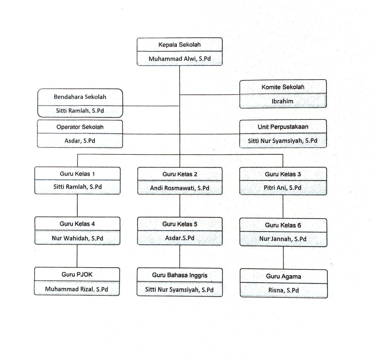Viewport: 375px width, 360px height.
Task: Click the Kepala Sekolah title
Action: pos(179,45)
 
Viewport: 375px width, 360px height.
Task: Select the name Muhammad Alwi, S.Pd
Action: pos(179,59)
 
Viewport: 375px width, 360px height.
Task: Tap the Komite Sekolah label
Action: pos(283,87)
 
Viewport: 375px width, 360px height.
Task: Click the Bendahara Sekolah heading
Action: pos(80,97)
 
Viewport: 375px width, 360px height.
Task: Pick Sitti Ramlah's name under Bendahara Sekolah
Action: pos(80,111)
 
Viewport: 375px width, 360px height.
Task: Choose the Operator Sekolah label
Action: pos(80,127)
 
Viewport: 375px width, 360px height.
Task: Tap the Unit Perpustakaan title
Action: pos(283,127)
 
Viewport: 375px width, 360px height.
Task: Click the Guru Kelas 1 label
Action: pos(77,174)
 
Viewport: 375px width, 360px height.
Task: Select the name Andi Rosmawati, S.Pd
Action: pos(180,188)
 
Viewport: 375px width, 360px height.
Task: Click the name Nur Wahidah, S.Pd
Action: pos(77,238)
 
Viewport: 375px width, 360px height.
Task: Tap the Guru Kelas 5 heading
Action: pos(180,224)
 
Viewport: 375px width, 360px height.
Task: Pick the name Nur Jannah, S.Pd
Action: pos(283,239)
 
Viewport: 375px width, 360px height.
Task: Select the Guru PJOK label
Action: pos(77,274)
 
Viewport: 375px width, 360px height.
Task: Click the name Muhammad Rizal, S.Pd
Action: pos(77,289)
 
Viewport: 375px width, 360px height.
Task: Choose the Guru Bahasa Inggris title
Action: pos(180,275)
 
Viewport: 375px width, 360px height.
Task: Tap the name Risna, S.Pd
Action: pos(283,290)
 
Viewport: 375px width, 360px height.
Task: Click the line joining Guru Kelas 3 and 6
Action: pos(283,206)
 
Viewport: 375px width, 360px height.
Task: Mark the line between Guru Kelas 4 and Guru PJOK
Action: pos(77,256)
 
